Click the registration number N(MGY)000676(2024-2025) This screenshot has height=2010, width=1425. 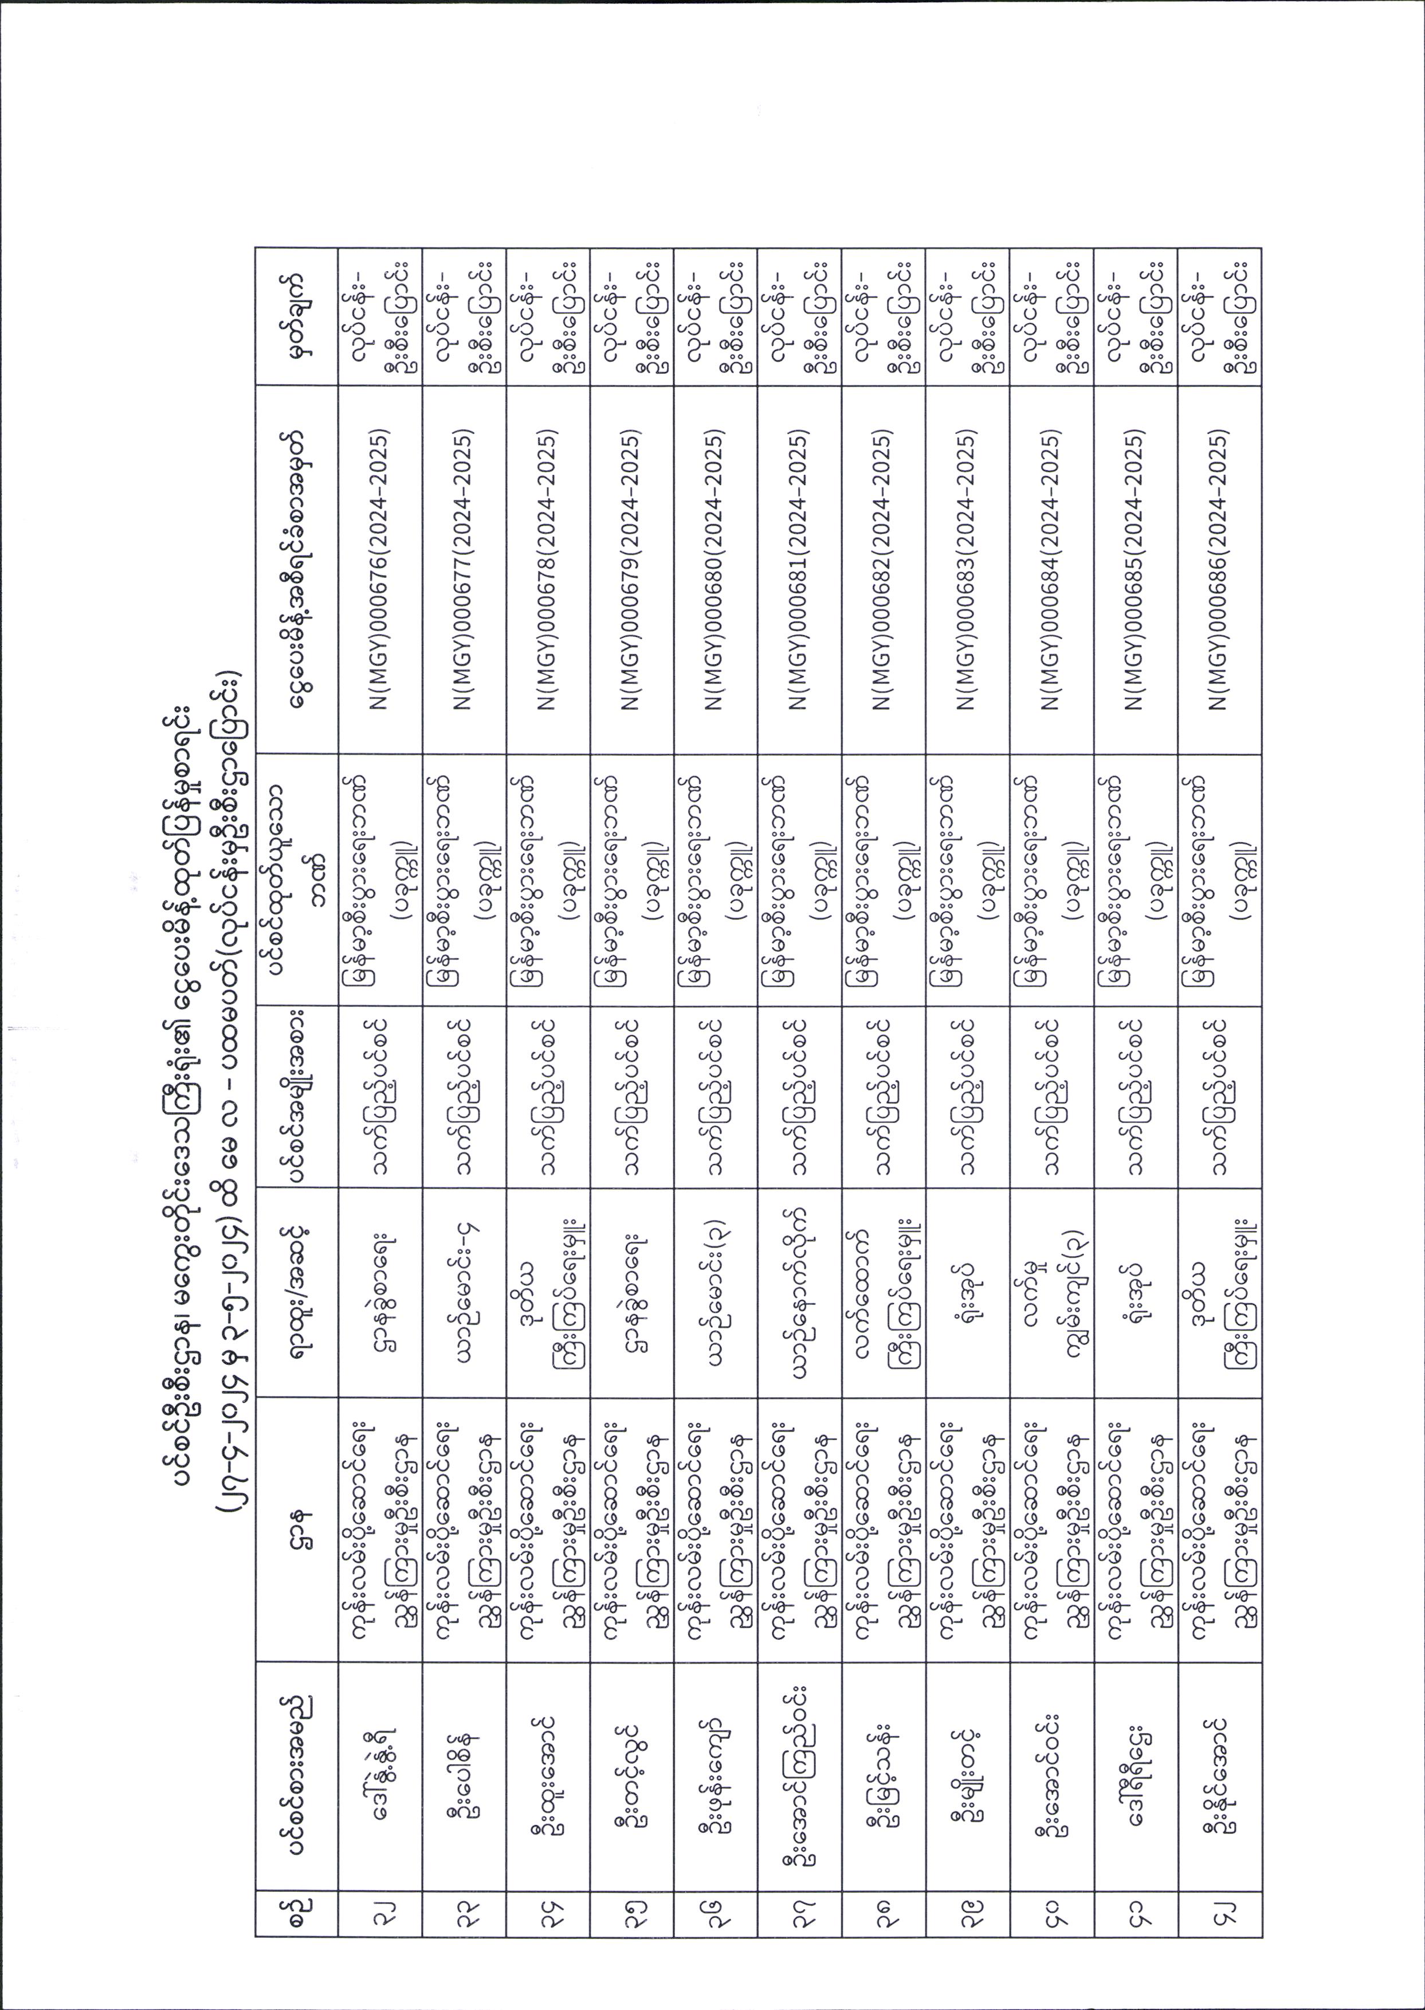click(x=380, y=570)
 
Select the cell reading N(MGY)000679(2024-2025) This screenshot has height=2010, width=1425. click(x=633, y=570)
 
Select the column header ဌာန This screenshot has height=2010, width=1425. click(x=296, y=1527)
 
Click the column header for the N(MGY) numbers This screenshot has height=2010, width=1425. click(x=296, y=570)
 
